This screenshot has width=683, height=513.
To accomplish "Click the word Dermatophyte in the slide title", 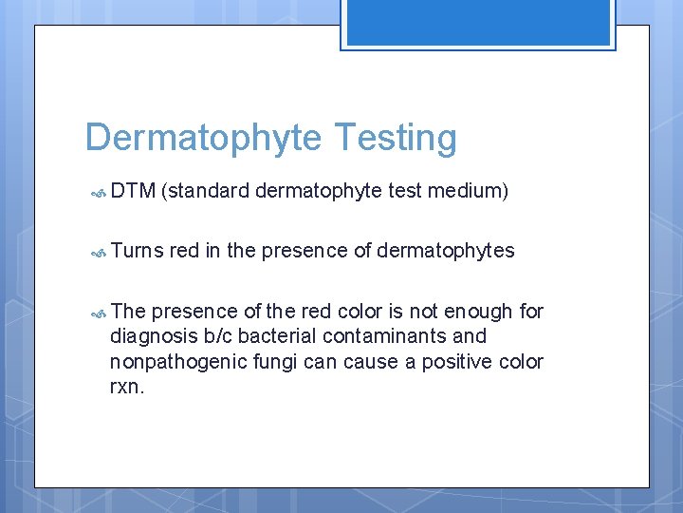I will click(204, 139).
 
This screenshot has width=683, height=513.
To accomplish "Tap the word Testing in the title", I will click(394, 139).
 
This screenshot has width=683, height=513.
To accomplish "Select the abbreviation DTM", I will click(133, 192).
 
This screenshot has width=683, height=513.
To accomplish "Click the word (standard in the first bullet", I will click(206, 192).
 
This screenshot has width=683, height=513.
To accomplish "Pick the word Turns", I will click(138, 251).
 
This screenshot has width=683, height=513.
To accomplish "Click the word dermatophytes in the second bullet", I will click(446, 251).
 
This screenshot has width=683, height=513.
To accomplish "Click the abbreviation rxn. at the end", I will click(127, 388).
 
